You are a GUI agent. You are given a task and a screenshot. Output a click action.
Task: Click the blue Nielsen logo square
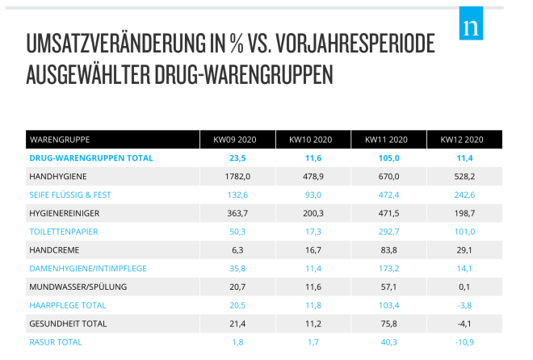click(470, 25)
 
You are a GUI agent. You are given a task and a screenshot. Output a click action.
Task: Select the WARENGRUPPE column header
click(60, 140)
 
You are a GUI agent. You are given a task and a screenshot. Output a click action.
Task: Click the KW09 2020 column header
click(237, 140)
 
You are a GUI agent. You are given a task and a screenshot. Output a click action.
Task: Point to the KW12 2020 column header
click(462, 140)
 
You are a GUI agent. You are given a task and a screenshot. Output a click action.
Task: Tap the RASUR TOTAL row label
click(55, 342)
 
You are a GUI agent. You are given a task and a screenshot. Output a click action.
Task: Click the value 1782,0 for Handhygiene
click(237, 176)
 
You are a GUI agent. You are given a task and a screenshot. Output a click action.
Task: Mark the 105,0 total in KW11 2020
click(387, 157)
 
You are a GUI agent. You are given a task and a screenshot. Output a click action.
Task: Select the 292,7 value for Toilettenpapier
click(387, 232)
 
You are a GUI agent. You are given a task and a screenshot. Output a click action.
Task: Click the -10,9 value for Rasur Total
click(462, 342)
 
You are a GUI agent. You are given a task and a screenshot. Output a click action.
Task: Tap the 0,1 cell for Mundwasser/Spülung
click(462, 287)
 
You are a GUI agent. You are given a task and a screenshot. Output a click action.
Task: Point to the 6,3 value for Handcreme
click(237, 250)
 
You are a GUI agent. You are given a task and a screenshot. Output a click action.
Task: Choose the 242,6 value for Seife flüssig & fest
click(462, 195)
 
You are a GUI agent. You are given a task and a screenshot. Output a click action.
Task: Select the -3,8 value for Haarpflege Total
click(462, 305)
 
